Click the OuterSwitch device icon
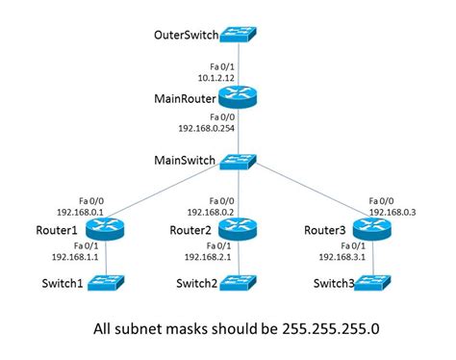[x=237, y=36]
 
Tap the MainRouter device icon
[x=237, y=97]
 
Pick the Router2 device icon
[x=237, y=229]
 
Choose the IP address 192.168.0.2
[x=210, y=213]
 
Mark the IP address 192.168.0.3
[x=393, y=213]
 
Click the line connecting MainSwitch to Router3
[x=308, y=194]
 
